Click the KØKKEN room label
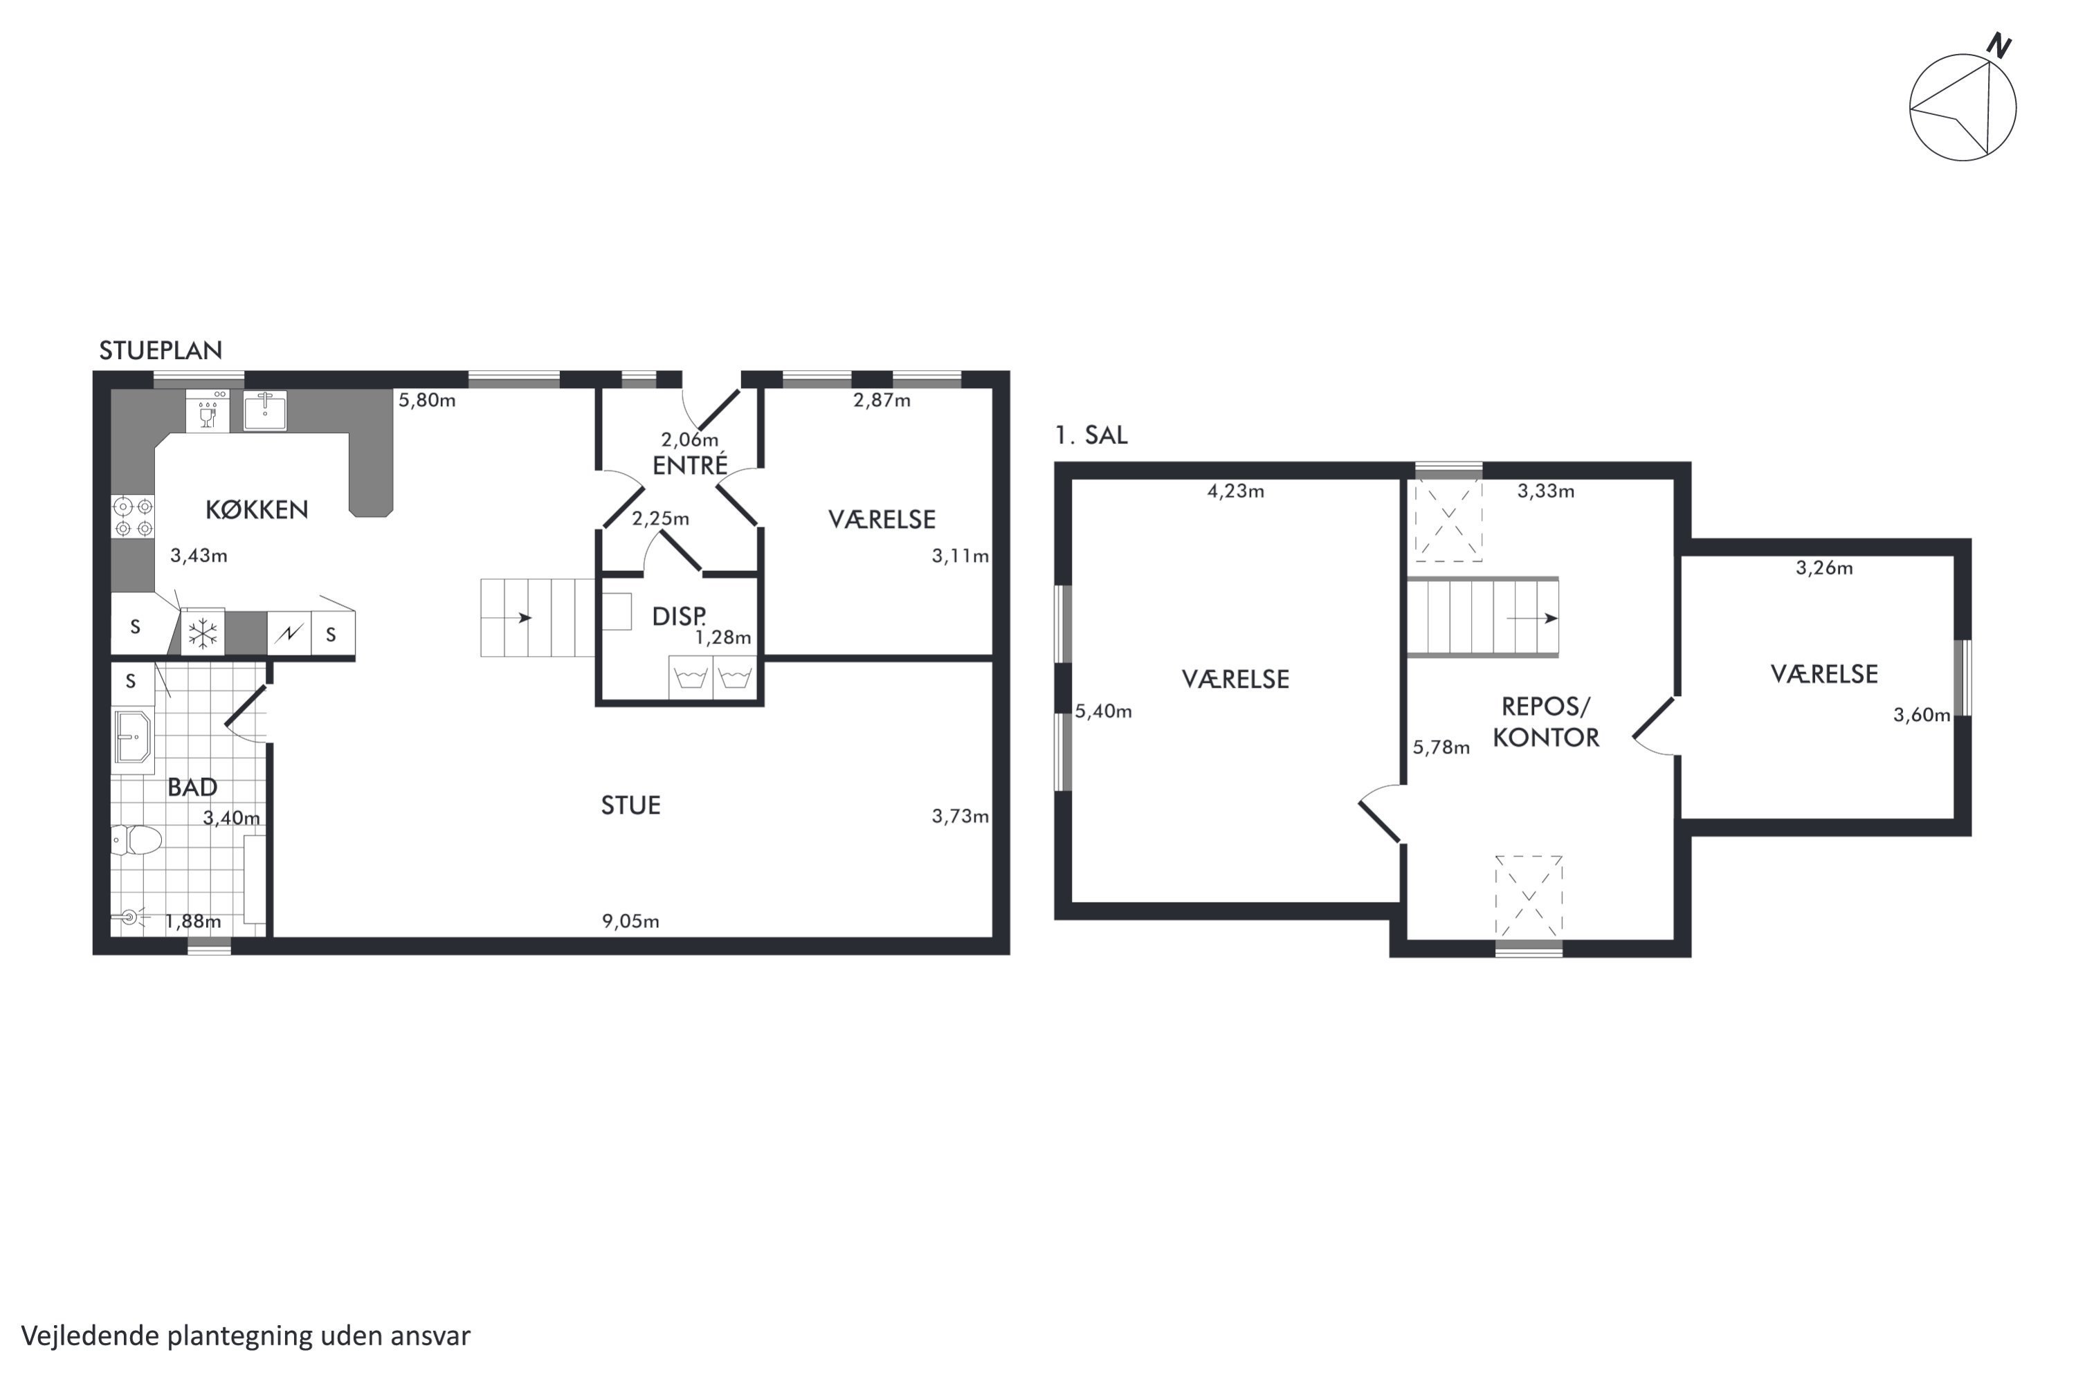point(257,509)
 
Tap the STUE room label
point(630,805)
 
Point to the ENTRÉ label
point(690,464)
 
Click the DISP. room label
point(679,616)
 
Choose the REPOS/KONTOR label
point(1545,722)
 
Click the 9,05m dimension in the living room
point(630,922)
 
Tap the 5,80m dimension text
point(427,400)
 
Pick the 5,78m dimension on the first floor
point(1441,747)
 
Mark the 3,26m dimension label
point(1824,567)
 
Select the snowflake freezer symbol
point(203,633)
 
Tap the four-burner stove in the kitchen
point(132,517)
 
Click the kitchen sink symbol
point(265,410)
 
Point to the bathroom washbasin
point(134,735)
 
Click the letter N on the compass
point(1998,46)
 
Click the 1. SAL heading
point(1091,435)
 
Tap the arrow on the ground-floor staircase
point(519,618)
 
